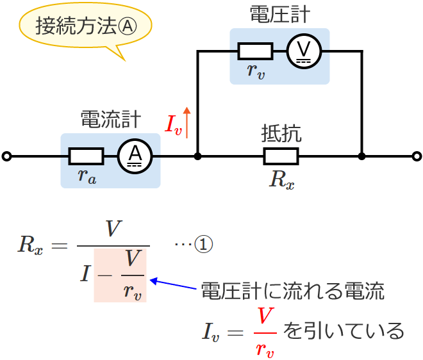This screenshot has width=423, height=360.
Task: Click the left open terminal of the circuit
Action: click(7, 156)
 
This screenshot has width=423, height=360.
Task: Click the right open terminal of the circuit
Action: click(417, 156)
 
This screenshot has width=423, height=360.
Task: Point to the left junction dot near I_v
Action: click(198, 156)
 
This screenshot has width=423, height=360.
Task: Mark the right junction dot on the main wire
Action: click(362, 156)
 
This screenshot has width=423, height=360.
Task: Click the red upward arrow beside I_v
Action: click(187, 121)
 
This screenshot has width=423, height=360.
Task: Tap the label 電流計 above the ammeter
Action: click(110, 120)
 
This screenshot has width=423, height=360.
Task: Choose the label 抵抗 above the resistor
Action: click(281, 133)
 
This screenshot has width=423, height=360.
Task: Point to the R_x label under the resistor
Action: click(281, 179)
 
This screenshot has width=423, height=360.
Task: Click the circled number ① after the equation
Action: click(203, 245)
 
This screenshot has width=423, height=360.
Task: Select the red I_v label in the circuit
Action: click(173, 125)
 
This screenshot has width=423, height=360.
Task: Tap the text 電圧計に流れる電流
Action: click(292, 291)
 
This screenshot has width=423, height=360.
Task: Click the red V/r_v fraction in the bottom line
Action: click(265, 332)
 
